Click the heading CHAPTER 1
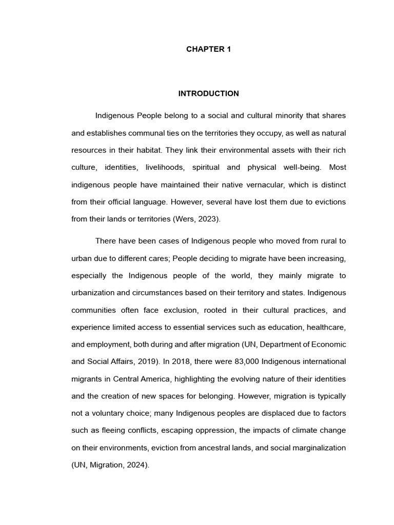pyautogui.click(x=208, y=49)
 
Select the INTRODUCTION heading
pyautogui.click(x=208, y=94)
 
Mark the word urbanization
pyautogui.click(x=94, y=293)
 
